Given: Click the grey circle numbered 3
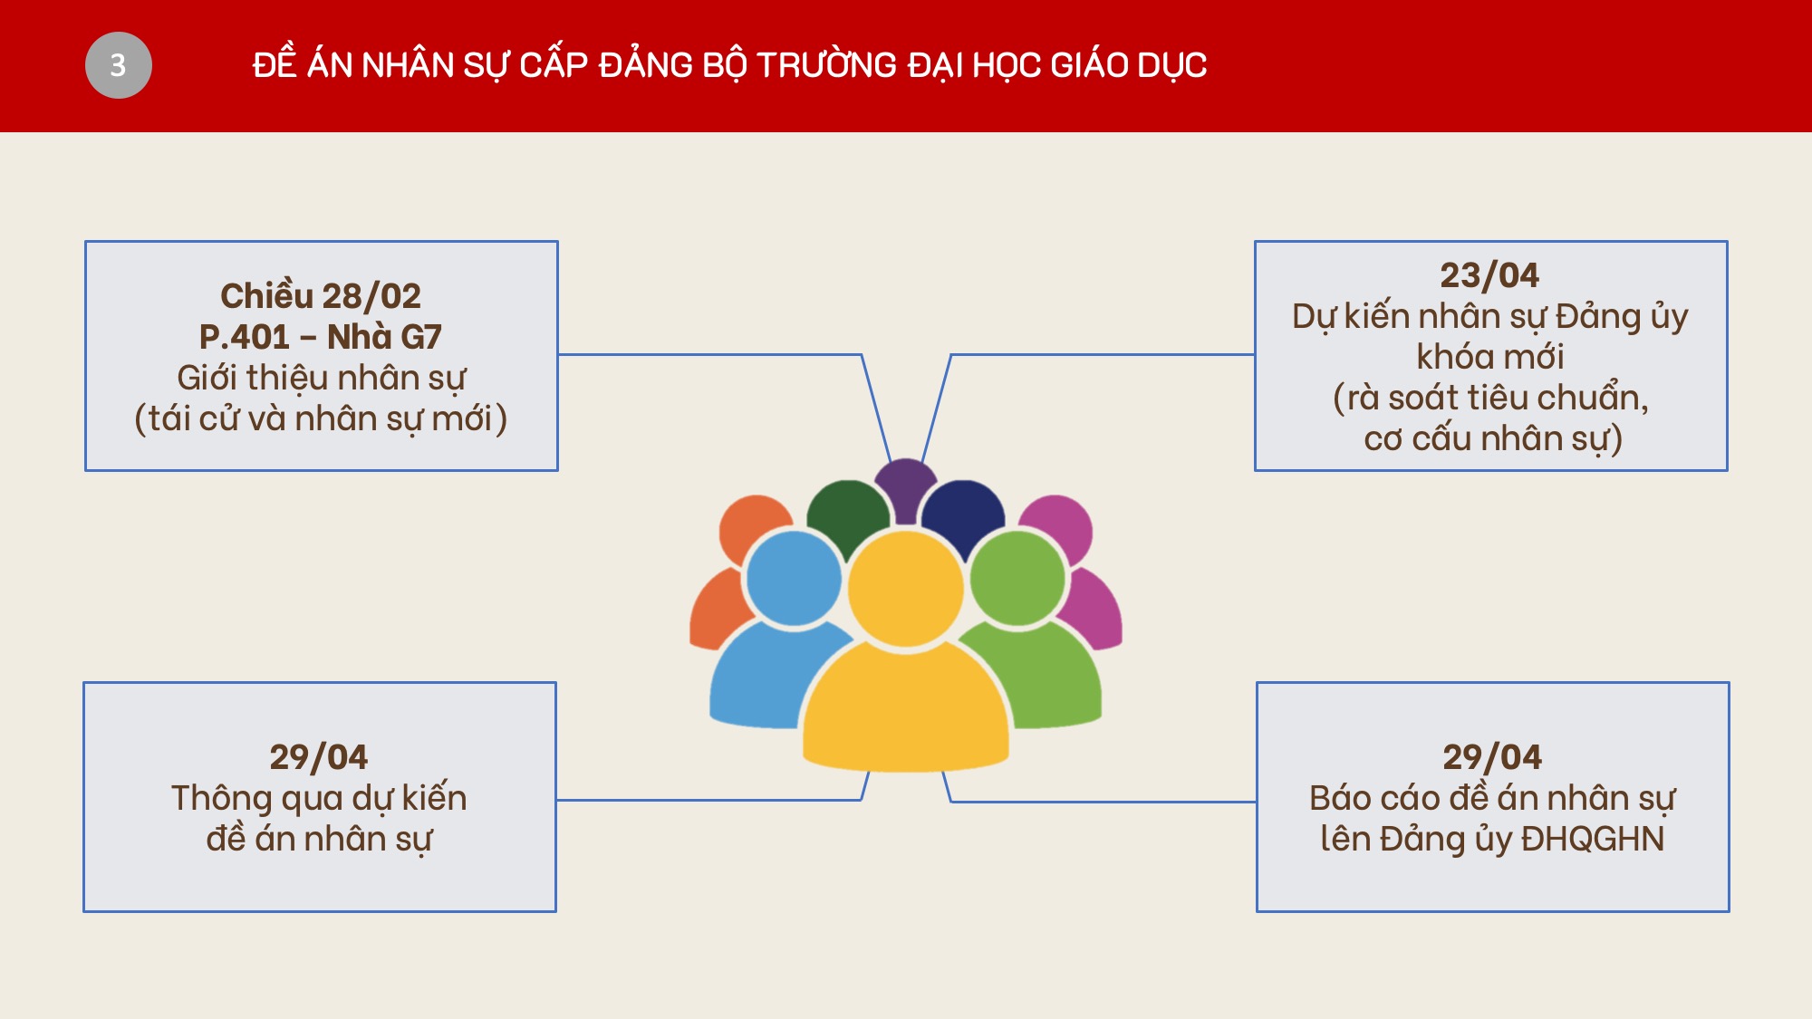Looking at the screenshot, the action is [x=119, y=65].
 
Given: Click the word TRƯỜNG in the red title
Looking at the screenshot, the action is [x=826, y=63].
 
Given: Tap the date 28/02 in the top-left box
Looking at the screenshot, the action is [x=371, y=296].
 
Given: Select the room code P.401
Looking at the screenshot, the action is [x=245, y=337].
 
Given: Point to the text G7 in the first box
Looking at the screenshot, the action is [x=421, y=337].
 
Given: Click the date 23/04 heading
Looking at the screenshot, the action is [x=1490, y=275].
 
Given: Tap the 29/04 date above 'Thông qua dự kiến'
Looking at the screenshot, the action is [x=319, y=757].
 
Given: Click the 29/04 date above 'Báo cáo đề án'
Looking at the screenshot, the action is [x=1492, y=757].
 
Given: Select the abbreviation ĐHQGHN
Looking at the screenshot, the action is [x=1593, y=839].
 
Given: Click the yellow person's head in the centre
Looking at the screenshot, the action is [x=905, y=590].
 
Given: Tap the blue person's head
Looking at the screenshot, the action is [x=794, y=579].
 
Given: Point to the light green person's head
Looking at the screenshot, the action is [x=1017, y=579].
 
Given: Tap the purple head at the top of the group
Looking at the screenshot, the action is [x=905, y=487].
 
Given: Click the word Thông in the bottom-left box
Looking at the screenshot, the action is [x=222, y=799].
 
